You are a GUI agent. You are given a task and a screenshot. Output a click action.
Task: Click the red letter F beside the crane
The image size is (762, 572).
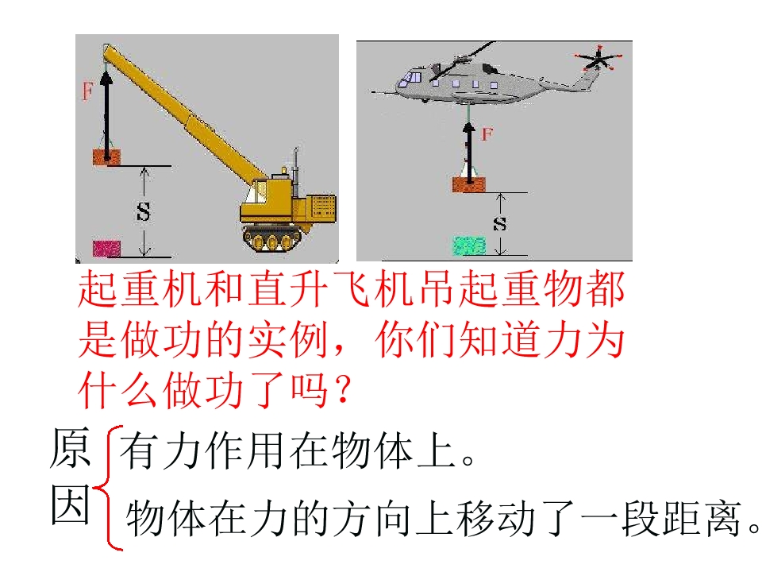pos(87,91)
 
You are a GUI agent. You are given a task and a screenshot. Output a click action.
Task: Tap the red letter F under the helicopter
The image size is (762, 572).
pos(487,133)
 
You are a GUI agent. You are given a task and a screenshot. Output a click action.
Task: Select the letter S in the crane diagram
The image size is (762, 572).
pos(144,211)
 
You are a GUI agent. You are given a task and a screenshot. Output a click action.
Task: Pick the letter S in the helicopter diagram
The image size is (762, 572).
pos(499,223)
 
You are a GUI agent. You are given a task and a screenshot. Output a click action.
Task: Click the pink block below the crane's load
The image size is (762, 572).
pos(106,248)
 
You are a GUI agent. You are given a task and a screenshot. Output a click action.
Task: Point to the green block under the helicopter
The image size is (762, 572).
pos(470,245)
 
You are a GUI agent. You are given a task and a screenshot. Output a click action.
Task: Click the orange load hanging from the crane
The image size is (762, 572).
pos(106,157)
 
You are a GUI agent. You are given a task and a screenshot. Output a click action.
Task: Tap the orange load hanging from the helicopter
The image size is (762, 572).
pos(469,185)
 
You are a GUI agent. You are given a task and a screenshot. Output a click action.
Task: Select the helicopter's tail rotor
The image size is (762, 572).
pos(598,59)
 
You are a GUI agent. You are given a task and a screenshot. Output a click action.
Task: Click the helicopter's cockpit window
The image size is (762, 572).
pos(411,78)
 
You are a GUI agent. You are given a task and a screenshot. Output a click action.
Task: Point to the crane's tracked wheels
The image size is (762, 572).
pos(272,239)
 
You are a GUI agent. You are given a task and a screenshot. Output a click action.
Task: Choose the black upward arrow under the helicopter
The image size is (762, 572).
pos(469,153)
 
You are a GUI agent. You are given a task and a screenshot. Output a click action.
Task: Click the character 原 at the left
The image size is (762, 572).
pos(70,448)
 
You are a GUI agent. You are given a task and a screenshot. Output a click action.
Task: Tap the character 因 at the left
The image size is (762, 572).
pos(71,504)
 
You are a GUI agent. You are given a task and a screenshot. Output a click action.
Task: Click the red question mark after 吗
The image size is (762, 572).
pos(343,389)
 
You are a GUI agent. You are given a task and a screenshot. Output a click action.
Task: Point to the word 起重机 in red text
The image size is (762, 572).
pos(140,289)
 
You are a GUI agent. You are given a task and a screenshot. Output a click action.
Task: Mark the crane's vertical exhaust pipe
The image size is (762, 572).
pos(295,165)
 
